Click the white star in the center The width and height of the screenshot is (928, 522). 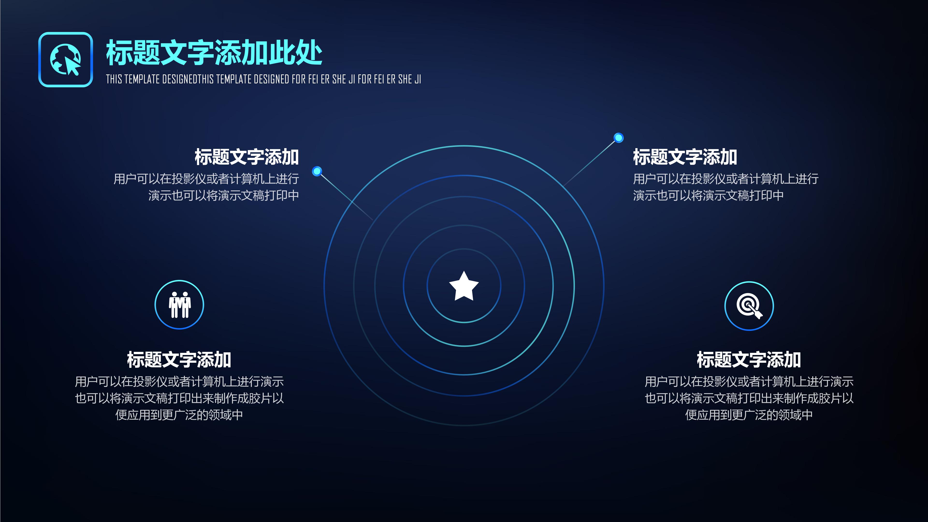(x=464, y=286)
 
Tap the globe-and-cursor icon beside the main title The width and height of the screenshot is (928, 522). (x=65, y=59)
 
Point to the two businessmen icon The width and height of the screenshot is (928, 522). (x=179, y=305)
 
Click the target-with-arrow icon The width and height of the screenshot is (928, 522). (x=749, y=306)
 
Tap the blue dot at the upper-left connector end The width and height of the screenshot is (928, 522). (x=317, y=171)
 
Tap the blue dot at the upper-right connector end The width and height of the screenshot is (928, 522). (x=619, y=138)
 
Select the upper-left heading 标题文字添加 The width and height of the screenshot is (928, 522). (x=247, y=157)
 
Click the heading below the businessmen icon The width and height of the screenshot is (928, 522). (x=179, y=360)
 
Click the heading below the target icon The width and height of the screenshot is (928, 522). (x=749, y=360)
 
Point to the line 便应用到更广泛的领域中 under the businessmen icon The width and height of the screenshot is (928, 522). (x=179, y=415)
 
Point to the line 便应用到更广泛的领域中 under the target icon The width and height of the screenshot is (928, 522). (x=749, y=415)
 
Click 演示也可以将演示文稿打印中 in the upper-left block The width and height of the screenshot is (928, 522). (x=223, y=196)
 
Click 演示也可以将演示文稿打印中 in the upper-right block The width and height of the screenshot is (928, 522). (x=708, y=196)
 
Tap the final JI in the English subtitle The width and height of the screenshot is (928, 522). (x=418, y=79)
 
